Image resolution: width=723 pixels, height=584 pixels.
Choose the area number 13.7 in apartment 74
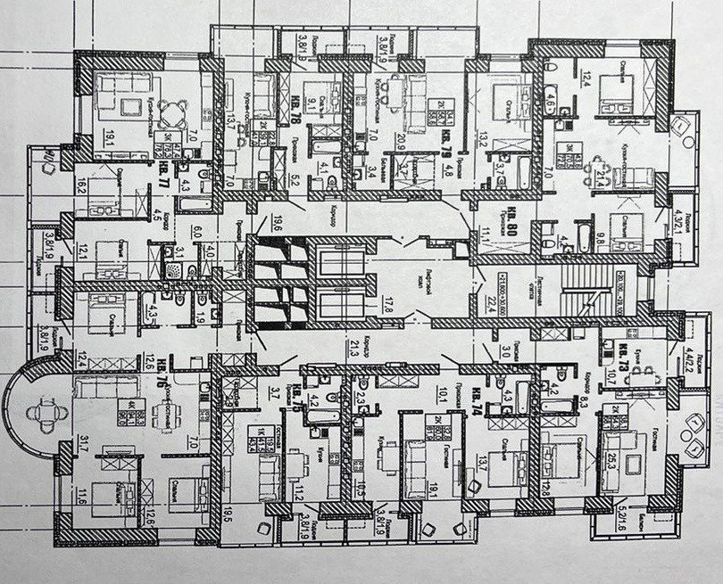pyautogui.click(x=484, y=462)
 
